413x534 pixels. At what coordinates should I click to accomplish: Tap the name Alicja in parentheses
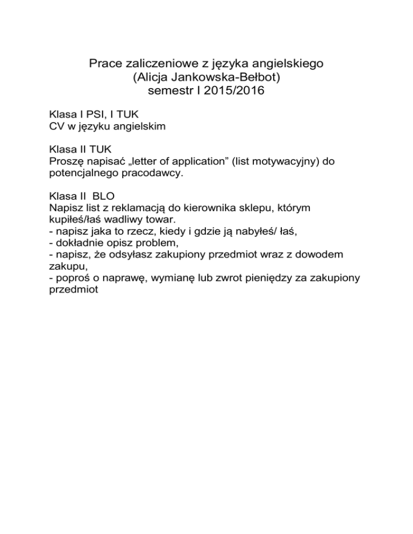click(155, 80)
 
